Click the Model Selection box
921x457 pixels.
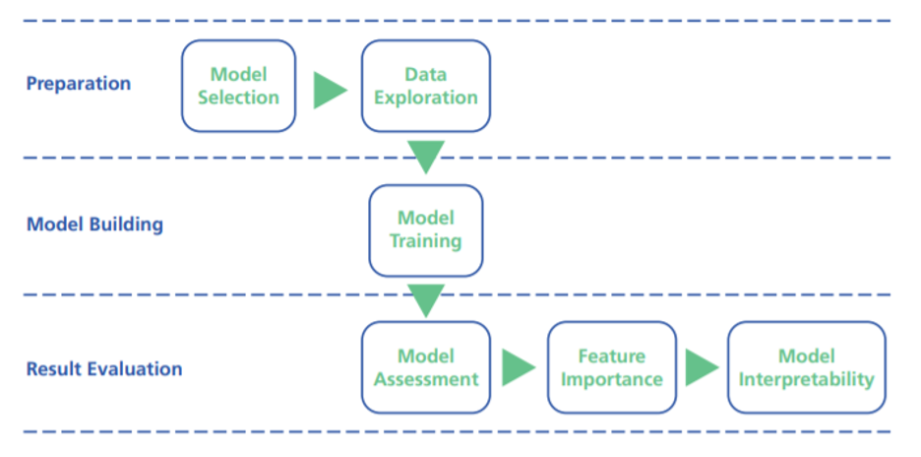(x=238, y=86)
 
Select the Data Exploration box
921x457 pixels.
(x=426, y=86)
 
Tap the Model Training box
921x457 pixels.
(x=426, y=229)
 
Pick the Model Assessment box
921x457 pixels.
(x=426, y=367)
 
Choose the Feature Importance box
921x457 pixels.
(x=612, y=367)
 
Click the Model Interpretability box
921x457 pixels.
(x=807, y=367)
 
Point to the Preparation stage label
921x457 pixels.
(x=79, y=84)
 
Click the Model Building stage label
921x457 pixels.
(x=94, y=225)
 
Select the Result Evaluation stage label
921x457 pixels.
(x=104, y=368)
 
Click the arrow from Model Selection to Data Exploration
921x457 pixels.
(x=329, y=91)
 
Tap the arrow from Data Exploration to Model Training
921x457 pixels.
(x=426, y=157)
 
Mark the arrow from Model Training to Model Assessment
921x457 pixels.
(x=426, y=300)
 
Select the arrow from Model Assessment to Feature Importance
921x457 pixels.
(x=518, y=367)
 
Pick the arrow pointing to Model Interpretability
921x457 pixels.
(x=702, y=367)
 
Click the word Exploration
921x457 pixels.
(x=426, y=98)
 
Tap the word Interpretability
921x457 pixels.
(x=807, y=380)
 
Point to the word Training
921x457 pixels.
(x=426, y=241)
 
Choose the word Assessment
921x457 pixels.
(x=426, y=379)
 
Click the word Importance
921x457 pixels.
(x=612, y=380)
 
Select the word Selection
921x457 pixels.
(x=238, y=98)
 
